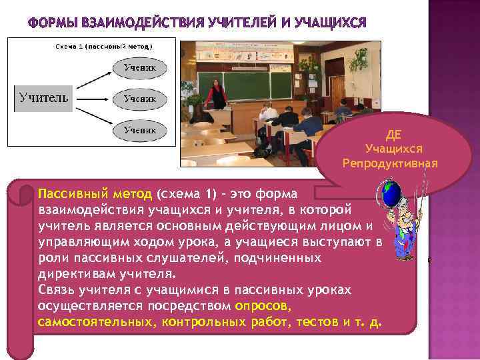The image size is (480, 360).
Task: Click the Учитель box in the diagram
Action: tap(43, 99)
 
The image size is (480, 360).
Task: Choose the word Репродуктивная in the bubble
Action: tap(390, 163)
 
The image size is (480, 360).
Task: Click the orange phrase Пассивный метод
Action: tap(95, 194)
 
